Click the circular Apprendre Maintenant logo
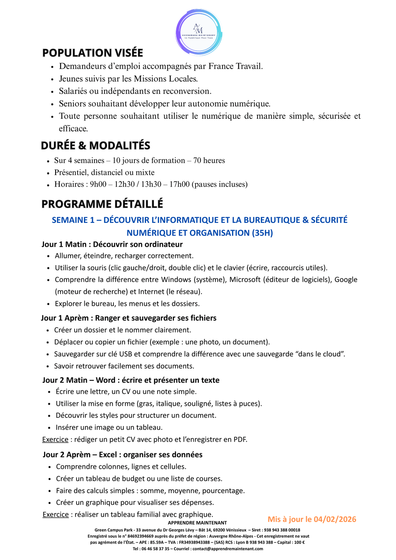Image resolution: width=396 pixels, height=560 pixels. point(199,32)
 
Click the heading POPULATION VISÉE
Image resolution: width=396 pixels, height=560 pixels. point(93,53)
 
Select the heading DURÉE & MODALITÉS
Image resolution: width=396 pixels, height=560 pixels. point(96,146)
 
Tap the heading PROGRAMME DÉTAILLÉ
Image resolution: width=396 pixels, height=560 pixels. point(102,204)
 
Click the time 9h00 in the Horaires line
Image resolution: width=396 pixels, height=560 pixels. point(98,184)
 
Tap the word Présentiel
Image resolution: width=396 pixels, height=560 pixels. point(69,172)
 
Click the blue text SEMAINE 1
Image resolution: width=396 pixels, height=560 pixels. point(73,220)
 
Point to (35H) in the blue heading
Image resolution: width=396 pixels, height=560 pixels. point(262,233)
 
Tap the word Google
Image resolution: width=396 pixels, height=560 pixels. point(346,280)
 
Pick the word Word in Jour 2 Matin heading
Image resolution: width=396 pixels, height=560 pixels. point(105,380)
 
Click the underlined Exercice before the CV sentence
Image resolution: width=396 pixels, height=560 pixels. point(55,439)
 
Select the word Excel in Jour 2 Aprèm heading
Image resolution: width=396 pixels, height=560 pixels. point(107,455)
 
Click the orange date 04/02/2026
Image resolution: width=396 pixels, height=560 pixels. point(335,519)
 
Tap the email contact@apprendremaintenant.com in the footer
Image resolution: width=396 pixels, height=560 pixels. point(228,549)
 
